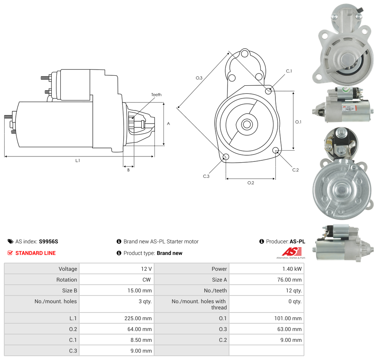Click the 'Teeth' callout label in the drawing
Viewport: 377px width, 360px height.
point(156,95)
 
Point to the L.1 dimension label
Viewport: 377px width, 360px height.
point(78,160)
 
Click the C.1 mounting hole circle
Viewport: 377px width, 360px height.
point(268,91)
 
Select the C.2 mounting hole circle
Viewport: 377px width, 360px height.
point(275,150)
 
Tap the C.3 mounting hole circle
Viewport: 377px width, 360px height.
point(226,157)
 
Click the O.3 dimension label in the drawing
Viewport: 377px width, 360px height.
point(199,78)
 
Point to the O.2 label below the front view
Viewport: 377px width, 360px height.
point(251,183)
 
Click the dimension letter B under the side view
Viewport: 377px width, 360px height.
point(128,170)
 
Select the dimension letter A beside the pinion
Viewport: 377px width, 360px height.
point(168,124)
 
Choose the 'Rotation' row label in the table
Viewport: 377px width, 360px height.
point(67,280)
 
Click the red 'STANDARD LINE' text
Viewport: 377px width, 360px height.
point(36,253)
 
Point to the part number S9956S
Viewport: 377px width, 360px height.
point(48,241)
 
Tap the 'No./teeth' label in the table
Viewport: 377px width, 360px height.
point(216,290)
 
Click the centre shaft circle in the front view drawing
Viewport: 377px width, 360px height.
point(247,124)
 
